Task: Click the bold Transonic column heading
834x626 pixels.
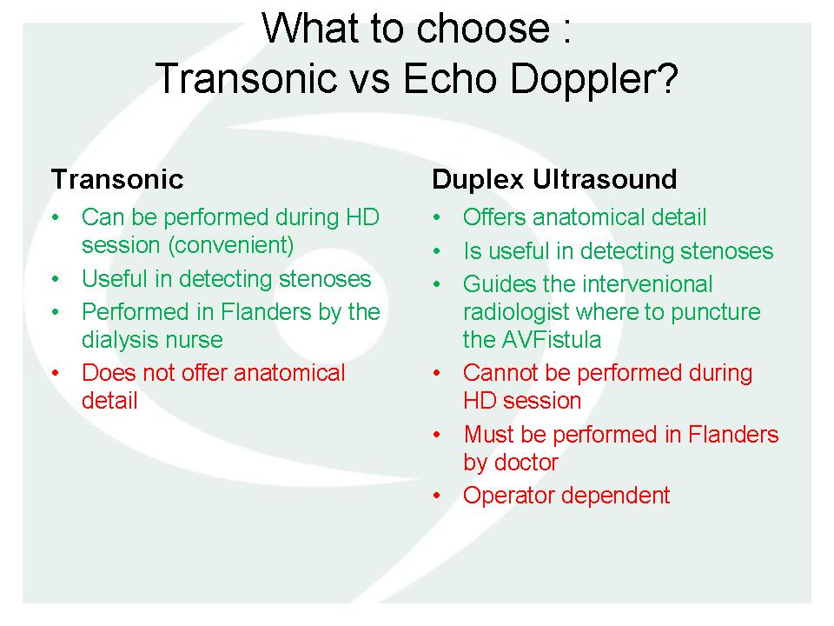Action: pos(117,179)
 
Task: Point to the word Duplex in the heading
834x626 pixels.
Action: pos(478,180)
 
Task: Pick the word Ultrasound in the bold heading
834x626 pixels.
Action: pos(605,179)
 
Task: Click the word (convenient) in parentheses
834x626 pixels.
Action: pos(231,245)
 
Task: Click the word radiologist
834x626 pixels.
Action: pos(515,312)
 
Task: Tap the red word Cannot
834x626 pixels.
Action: pos(500,373)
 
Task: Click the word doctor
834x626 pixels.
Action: pos(526,463)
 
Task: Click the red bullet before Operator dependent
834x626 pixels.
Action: pos(437,496)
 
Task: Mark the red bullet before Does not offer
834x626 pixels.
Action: pos(56,373)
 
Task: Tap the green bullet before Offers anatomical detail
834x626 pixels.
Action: pos(437,217)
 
